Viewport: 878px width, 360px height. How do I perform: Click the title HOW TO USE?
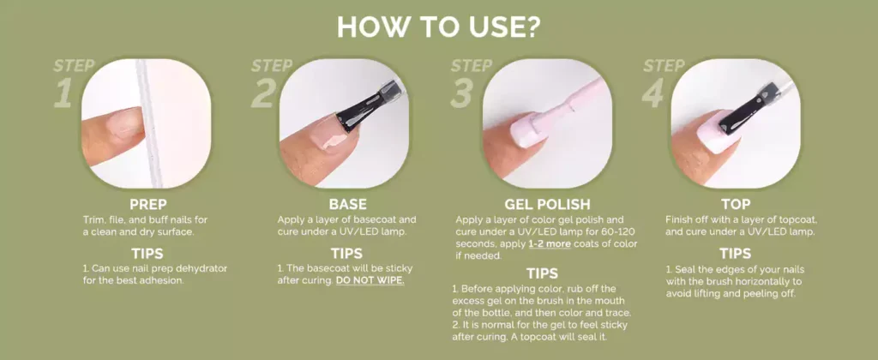coord(438,27)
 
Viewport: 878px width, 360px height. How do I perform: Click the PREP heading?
coord(148,204)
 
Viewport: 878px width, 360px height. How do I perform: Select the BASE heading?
coord(348,204)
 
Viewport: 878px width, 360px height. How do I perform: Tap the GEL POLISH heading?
coord(547,204)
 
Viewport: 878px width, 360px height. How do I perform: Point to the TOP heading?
coord(736,204)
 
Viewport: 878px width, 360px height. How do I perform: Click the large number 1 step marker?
coord(63,93)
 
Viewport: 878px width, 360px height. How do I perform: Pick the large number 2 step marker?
coord(262,93)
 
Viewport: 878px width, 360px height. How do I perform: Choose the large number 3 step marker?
coord(462,93)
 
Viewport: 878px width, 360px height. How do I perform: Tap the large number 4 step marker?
coord(654,93)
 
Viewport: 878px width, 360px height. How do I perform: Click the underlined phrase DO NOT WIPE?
coord(370,280)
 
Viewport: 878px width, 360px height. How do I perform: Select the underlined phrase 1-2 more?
coord(550,244)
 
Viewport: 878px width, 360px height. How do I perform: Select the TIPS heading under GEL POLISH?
coord(542,273)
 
